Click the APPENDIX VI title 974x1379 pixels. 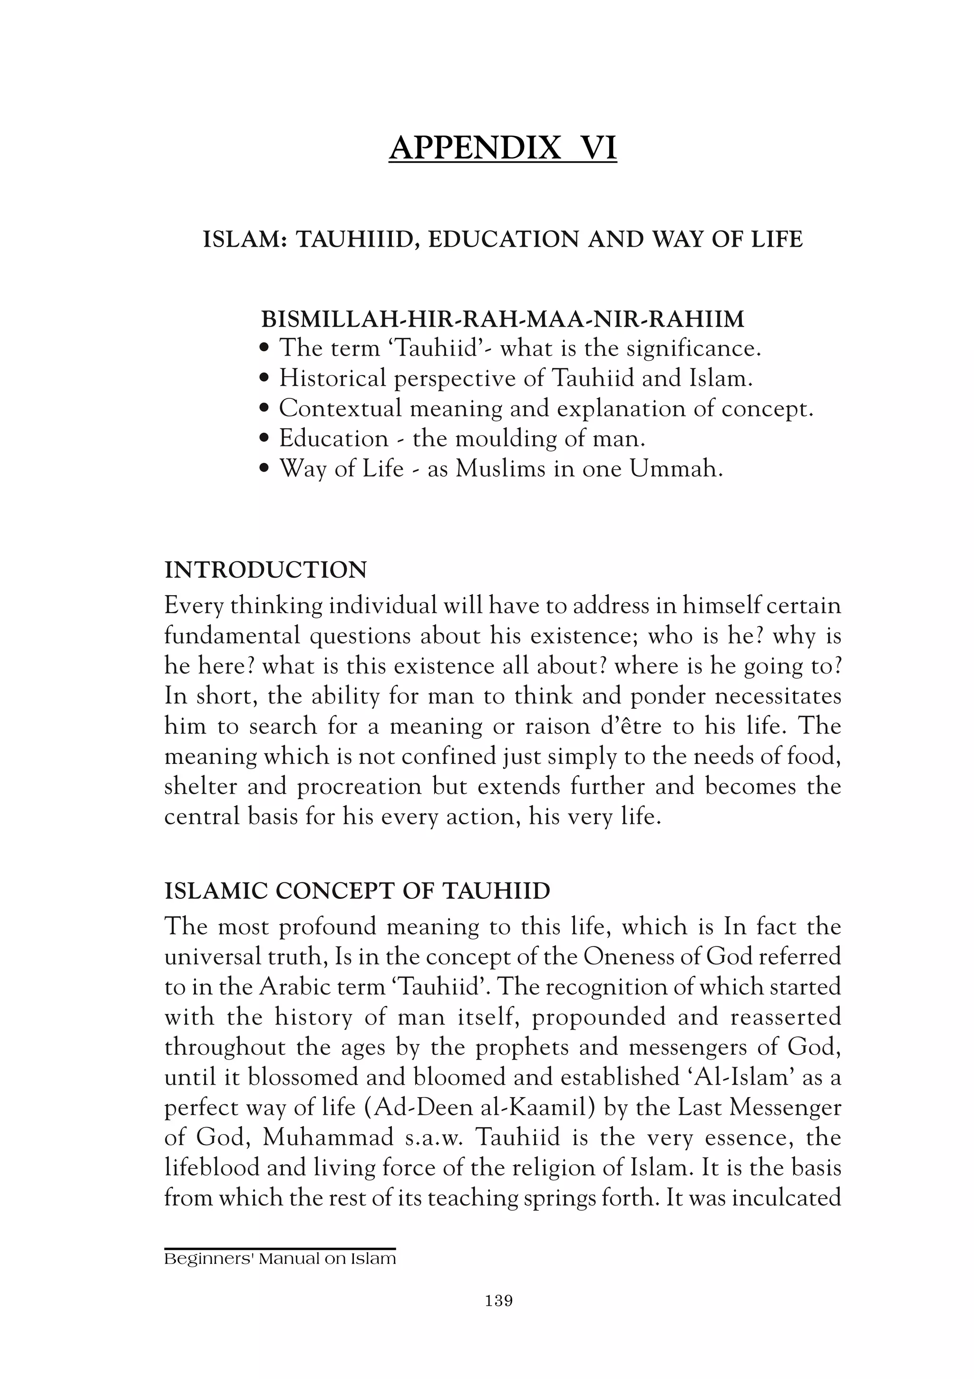click(x=502, y=148)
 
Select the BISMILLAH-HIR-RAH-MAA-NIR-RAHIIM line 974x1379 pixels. click(x=502, y=319)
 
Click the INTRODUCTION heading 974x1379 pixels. click(x=265, y=570)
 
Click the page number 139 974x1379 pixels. click(x=498, y=1301)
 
